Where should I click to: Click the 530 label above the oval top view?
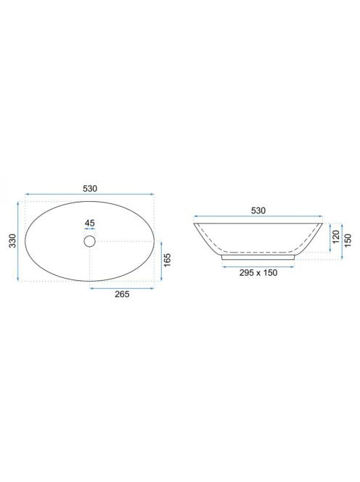click(90, 189)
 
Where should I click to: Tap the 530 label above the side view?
click(258, 211)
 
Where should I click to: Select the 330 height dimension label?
click(12, 241)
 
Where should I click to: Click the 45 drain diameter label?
click(89, 223)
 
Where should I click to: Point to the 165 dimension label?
click(167, 261)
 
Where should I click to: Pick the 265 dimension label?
click(122, 294)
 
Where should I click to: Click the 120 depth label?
click(336, 237)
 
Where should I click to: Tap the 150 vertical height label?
click(348, 241)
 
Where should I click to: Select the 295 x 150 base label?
click(258, 273)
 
